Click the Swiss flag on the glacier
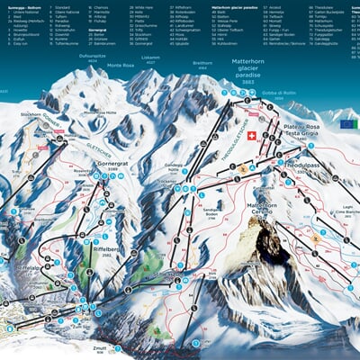252,136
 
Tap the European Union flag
347,123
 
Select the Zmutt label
100,346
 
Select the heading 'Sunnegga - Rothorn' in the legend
25,5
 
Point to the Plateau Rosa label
301,128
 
